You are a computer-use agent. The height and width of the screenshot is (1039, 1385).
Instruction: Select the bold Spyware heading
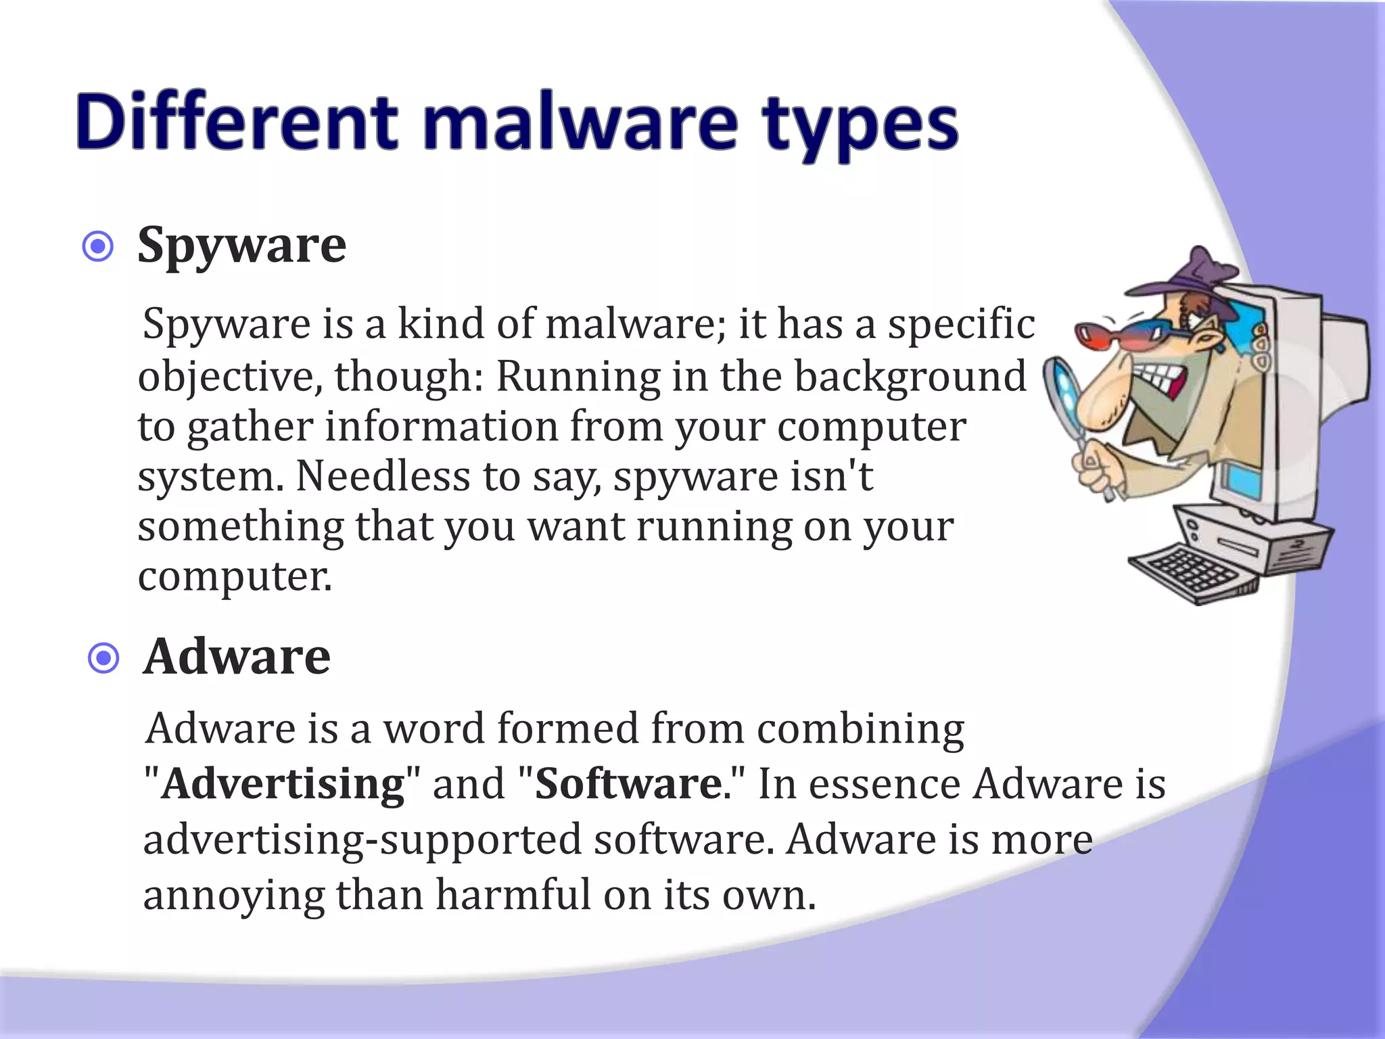241,245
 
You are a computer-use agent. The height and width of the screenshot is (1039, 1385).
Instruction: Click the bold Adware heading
237,657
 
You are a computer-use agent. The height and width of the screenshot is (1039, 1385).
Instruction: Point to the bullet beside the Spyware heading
98,247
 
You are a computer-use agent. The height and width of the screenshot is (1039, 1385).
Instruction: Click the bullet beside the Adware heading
103,658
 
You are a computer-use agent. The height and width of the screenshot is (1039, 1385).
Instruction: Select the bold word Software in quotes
628,784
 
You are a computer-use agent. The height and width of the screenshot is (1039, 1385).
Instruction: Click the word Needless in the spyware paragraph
382,476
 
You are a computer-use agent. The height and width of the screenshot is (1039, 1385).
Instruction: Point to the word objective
230,377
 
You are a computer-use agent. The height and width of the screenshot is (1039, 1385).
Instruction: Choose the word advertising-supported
362,840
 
